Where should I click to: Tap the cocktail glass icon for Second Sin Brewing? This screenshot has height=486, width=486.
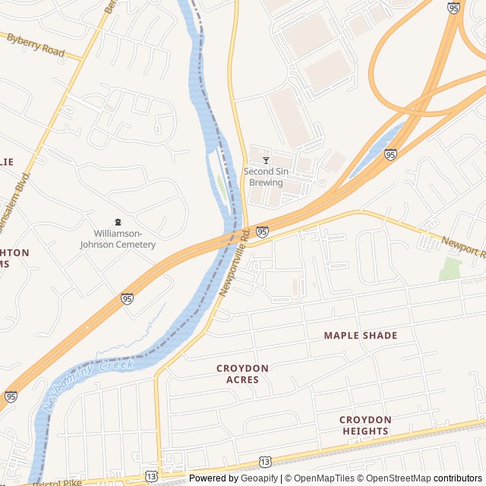(x=266, y=160)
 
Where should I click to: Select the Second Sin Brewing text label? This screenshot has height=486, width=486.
(x=264, y=177)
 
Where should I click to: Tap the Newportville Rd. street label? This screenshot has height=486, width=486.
(x=235, y=263)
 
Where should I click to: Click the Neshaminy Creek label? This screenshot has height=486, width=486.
(x=89, y=385)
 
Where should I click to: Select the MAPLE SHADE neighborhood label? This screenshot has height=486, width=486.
(x=360, y=335)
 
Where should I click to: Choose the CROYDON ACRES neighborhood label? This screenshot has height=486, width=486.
(x=242, y=374)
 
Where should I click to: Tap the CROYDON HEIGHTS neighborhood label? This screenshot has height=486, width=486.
(x=365, y=425)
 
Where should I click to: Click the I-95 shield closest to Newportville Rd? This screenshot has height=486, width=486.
(x=262, y=232)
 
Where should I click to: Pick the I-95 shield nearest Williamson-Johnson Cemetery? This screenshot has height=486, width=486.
(x=128, y=299)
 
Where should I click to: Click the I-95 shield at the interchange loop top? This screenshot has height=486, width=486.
(x=453, y=8)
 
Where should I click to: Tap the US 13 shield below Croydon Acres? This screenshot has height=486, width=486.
(x=264, y=461)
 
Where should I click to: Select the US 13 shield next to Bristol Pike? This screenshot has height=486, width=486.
(x=151, y=476)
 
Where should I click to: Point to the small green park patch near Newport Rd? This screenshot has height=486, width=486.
(x=450, y=268)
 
